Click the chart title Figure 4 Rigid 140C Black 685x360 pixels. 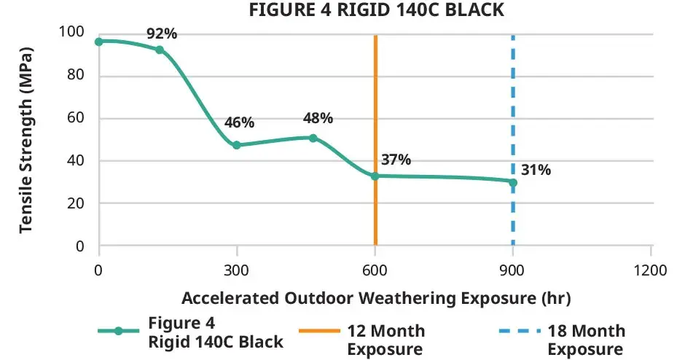[x=375, y=10]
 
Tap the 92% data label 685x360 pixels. [x=161, y=34]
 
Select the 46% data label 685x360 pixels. [x=239, y=123]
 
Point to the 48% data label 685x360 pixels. [x=317, y=118]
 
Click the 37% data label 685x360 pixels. [x=396, y=160]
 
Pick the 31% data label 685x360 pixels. [x=536, y=170]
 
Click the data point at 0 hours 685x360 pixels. [x=99, y=42]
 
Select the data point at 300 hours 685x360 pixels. [x=237, y=145]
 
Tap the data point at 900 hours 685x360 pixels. [x=513, y=182]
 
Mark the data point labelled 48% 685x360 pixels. [x=313, y=138]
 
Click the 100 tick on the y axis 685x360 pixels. [x=77, y=33]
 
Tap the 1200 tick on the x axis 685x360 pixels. [x=651, y=270]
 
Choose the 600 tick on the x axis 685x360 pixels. [x=375, y=270]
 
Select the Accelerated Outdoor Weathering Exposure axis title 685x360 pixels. [x=375, y=298]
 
